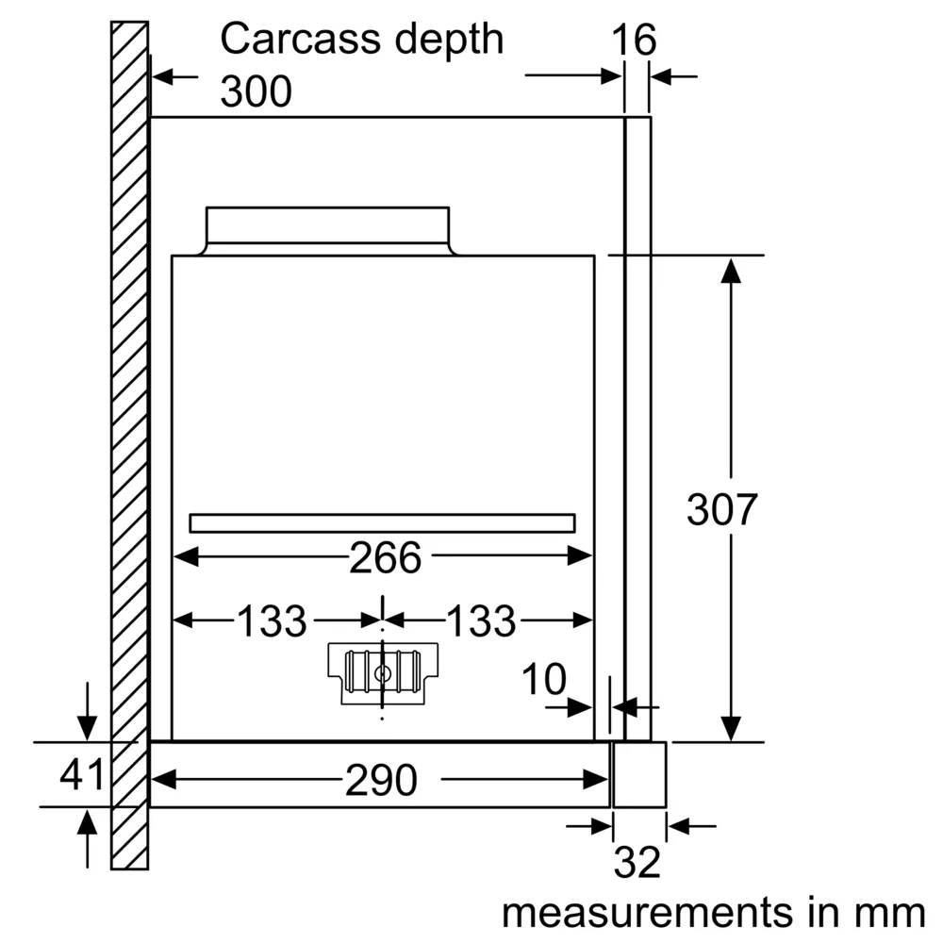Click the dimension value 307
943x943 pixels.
[721, 510]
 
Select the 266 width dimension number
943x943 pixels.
[386, 557]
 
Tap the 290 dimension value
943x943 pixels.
[381, 780]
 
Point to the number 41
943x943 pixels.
[82, 774]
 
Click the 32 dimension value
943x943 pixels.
[637, 863]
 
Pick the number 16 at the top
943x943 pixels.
[634, 40]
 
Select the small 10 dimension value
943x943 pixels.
[544, 680]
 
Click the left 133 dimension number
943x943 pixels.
[273, 620]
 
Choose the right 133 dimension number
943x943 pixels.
[482, 620]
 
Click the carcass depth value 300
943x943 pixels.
[256, 91]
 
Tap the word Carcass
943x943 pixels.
[299, 39]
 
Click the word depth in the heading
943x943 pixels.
[449, 41]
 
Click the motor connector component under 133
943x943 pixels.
[383, 673]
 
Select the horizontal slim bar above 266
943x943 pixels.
[383, 523]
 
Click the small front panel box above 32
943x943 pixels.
[639, 774]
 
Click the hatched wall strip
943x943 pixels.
[130, 445]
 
